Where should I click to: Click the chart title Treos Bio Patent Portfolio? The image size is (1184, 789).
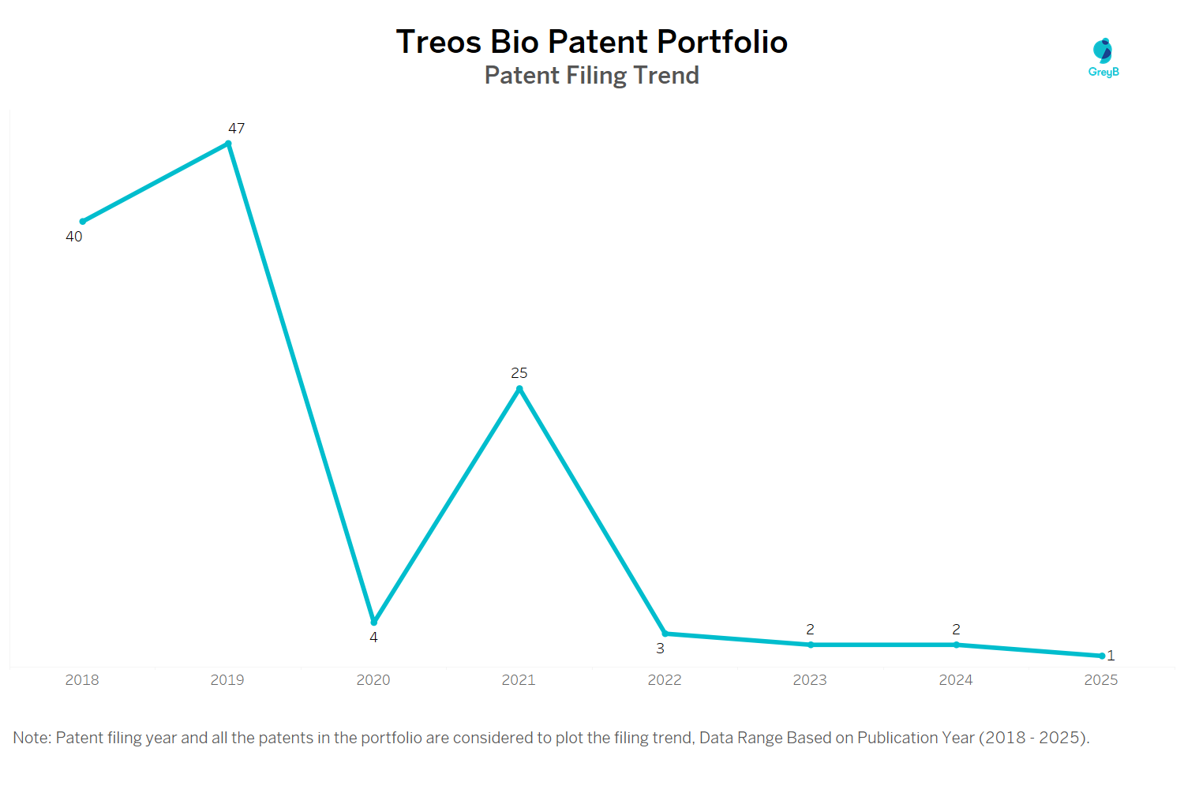[591, 42]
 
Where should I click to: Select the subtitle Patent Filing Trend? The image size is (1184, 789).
[591, 75]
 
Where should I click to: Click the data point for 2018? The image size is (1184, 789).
[82, 222]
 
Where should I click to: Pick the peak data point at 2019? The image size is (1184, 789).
[228, 144]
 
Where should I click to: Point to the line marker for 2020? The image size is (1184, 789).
[374, 623]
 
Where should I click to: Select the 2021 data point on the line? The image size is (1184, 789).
[519, 388]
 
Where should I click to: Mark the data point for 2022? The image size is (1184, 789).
[665, 634]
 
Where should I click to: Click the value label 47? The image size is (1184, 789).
[237, 128]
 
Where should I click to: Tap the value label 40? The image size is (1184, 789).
[74, 237]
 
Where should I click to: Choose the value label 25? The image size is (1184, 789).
[519, 372]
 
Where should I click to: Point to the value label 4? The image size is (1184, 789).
[374, 638]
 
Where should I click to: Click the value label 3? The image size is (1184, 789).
[661, 649]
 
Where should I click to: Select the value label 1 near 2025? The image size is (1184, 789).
[1111, 656]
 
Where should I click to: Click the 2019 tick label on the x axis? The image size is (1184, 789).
[227, 680]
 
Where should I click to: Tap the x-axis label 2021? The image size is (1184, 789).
[519, 680]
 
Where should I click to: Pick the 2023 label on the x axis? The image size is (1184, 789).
[810, 680]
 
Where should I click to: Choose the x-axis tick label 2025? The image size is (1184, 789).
[1101, 680]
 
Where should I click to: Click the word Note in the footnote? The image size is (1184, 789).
[31, 738]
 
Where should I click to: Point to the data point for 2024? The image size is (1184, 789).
[956, 645]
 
